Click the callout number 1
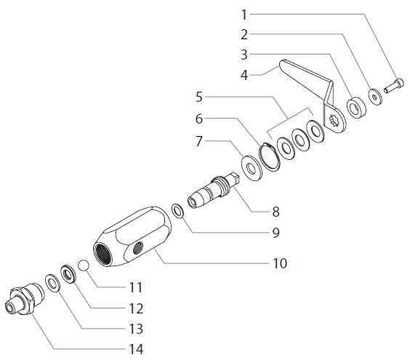tap(244, 14)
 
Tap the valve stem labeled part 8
tap(211, 193)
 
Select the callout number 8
tap(276, 212)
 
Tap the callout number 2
tap(244, 33)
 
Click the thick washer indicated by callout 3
tap(356, 107)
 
